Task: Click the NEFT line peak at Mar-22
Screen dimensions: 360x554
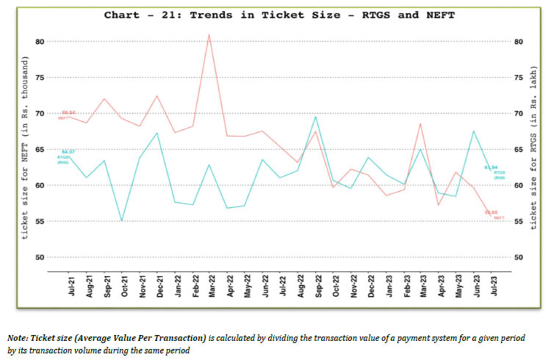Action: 209,35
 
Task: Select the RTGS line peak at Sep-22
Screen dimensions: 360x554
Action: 315,117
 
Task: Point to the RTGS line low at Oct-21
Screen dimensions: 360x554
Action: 122,220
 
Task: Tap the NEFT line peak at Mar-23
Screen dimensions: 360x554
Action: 420,123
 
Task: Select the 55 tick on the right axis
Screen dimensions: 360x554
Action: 518,221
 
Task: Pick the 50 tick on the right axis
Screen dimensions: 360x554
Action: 518,257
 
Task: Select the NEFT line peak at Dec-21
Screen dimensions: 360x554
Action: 157,96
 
